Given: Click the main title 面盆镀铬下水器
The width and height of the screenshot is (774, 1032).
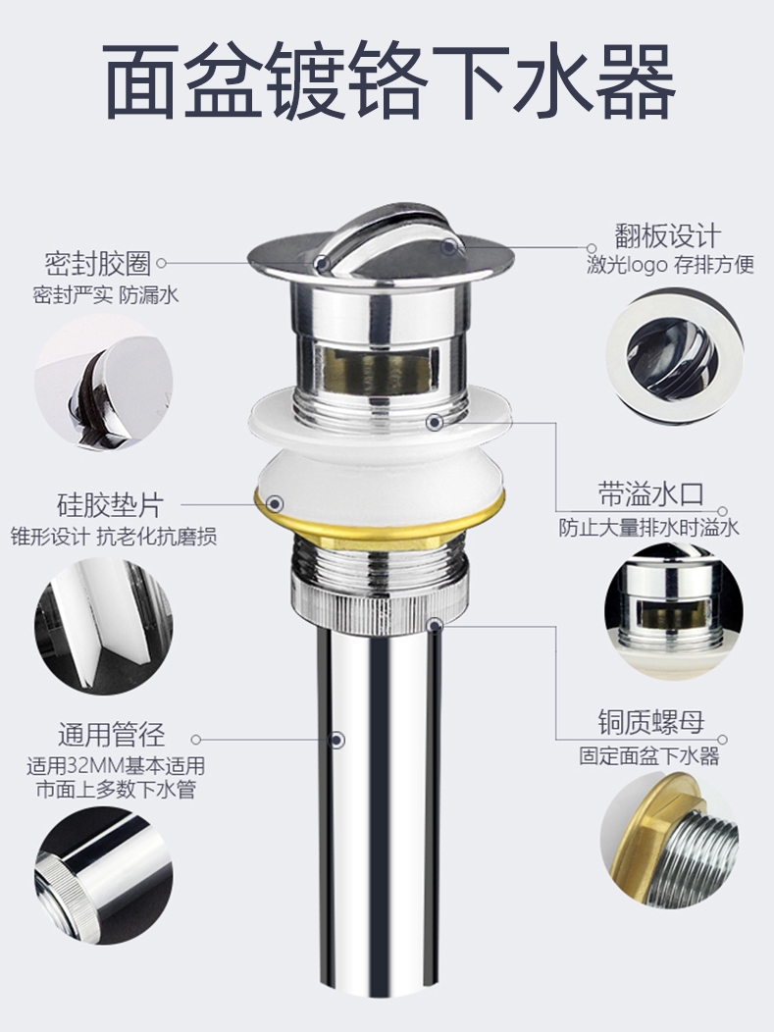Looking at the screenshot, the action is (389, 80).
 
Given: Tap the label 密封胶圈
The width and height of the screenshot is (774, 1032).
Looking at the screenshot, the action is (98, 263).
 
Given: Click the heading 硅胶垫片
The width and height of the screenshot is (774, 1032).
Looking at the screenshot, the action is (110, 505).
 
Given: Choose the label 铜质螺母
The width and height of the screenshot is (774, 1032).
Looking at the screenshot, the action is (651, 722).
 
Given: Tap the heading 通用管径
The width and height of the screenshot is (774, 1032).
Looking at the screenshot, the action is (111, 735).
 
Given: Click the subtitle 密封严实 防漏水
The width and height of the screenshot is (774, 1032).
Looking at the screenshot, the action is (106, 294).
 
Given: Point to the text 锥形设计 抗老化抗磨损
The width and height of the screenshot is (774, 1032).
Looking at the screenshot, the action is (113, 537).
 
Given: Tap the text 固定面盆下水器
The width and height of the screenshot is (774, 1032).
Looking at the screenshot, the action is (649, 755).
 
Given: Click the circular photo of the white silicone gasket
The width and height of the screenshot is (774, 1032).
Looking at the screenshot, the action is (103, 626).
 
